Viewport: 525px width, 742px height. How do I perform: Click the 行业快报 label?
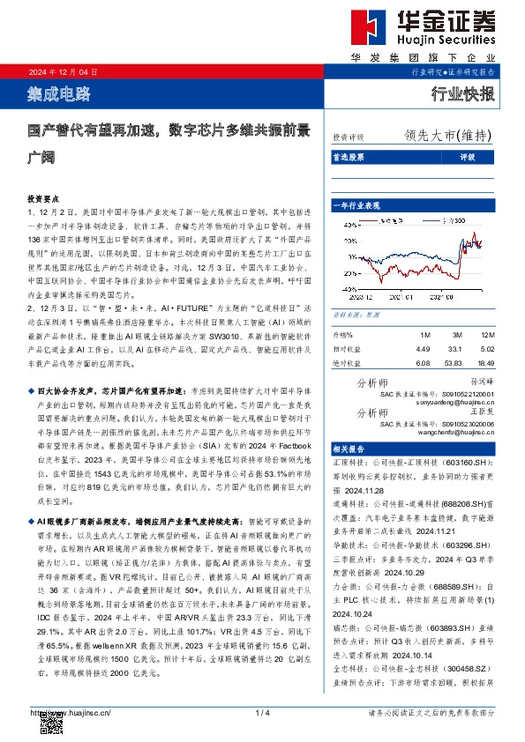click(x=462, y=94)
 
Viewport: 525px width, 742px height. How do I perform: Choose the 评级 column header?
click(x=467, y=157)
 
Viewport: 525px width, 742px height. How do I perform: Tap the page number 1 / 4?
click(x=261, y=713)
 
